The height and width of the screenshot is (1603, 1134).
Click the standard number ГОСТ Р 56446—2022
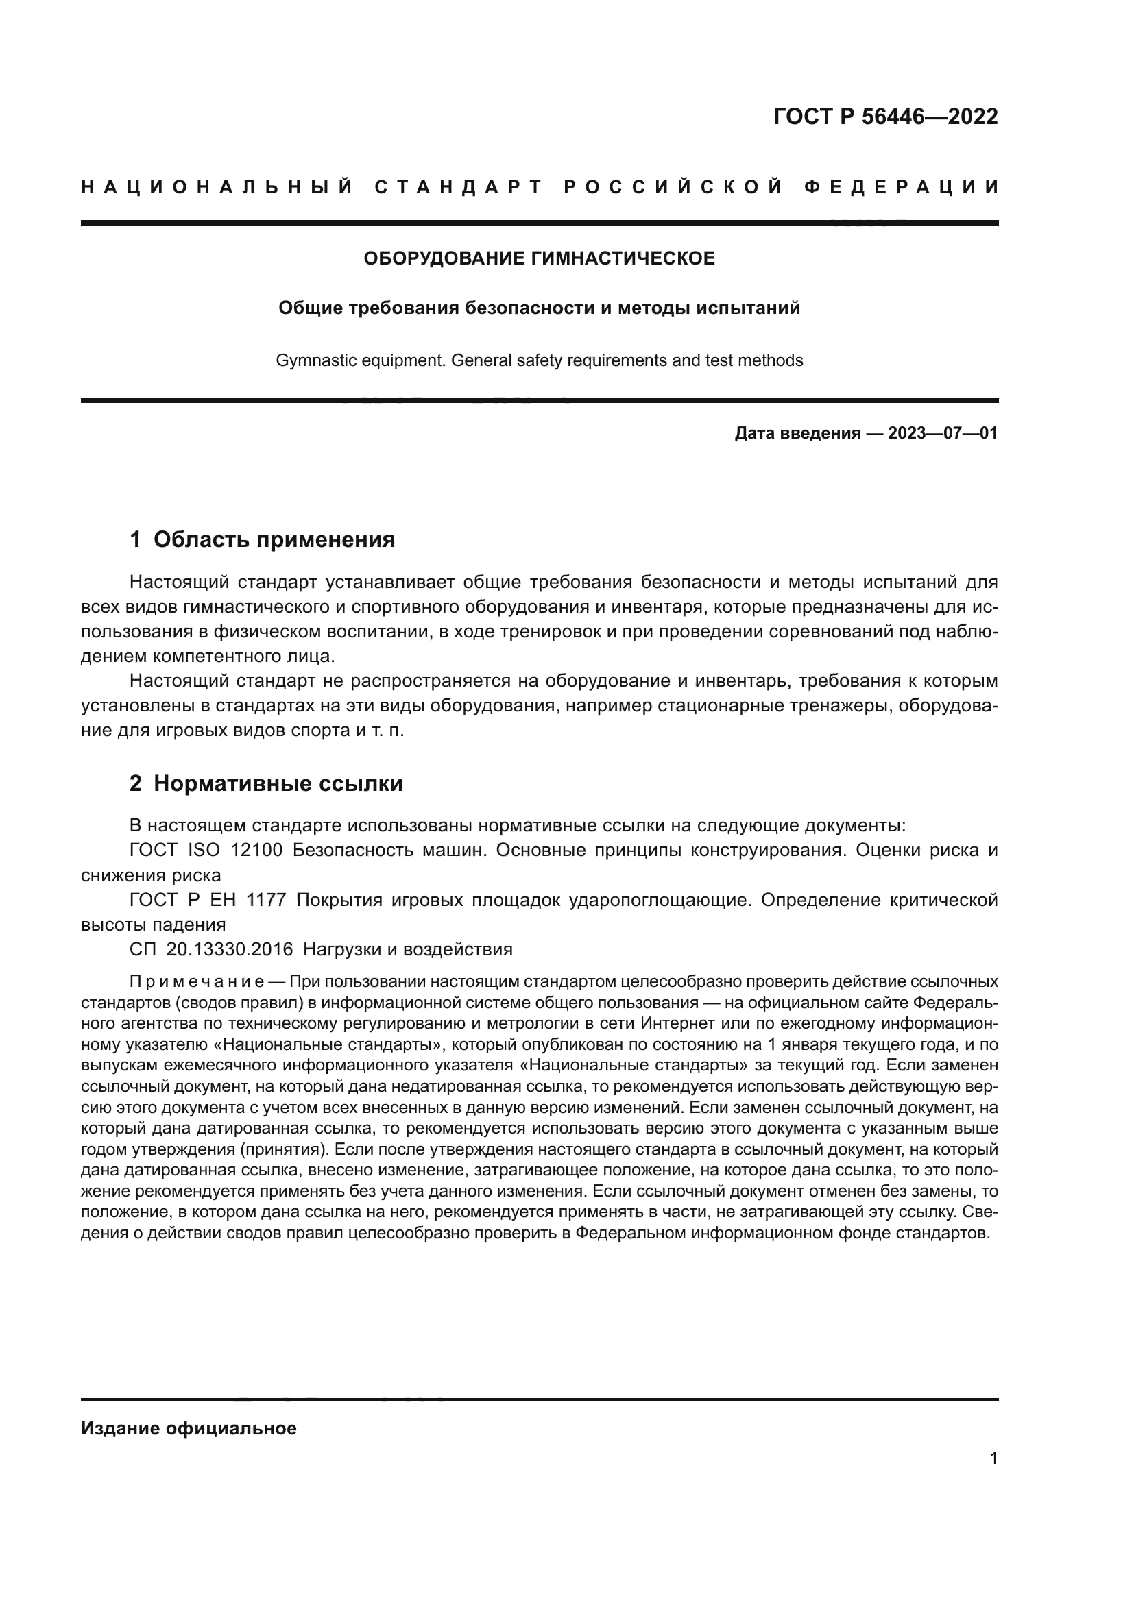click(x=885, y=117)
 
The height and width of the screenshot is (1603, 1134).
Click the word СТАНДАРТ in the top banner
click(x=459, y=187)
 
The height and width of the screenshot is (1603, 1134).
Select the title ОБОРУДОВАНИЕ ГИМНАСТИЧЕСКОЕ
click(x=539, y=258)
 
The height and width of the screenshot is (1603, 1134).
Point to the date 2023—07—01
click(x=943, y=433)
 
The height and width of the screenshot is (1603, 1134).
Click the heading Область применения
click(x=274, y=539)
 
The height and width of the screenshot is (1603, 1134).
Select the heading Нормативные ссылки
click(x=278, y=783)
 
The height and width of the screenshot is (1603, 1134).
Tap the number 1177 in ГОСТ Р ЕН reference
click(x=266, y=900)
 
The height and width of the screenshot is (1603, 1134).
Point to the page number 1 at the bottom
click(x=993, y=1458)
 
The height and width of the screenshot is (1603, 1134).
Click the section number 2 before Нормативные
click(x=136, y=783)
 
